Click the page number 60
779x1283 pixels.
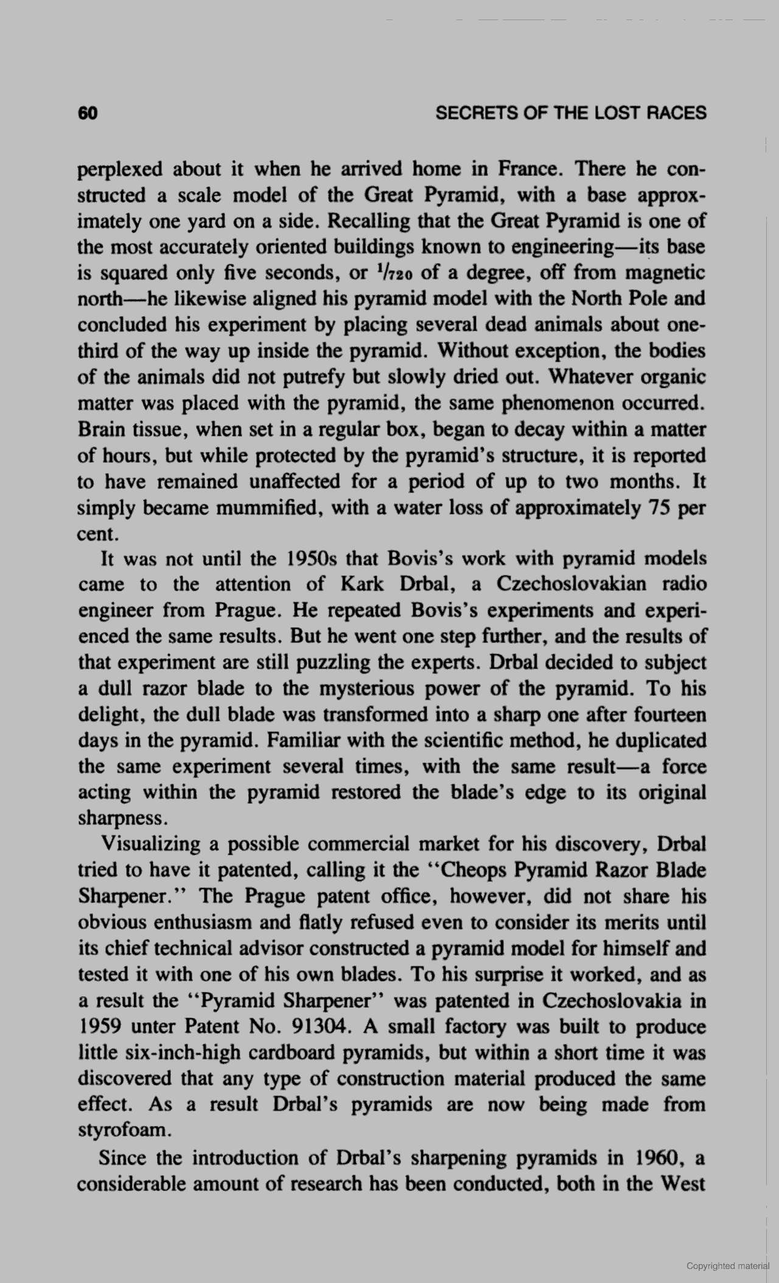point(88,113)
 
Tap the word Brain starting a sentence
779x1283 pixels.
point(100,430)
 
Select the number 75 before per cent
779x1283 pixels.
point(654,508)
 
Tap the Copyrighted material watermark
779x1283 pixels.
point(728,1266)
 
